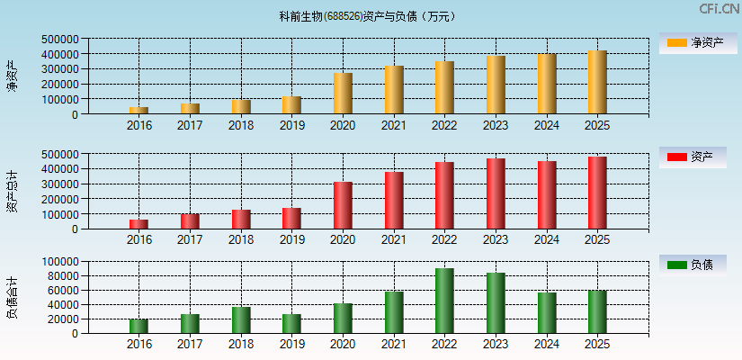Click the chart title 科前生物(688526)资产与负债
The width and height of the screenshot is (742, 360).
coord(368,16)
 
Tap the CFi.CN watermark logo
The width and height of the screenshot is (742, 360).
coord(719,9)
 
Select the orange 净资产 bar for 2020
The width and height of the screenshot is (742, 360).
coord(343,94)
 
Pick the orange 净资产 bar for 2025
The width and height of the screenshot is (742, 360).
coord(597,82)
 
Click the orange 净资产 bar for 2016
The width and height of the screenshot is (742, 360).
coord(139,110)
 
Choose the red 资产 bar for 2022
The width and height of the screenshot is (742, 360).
coord(444,195)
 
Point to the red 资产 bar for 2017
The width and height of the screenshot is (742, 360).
coord(190,220)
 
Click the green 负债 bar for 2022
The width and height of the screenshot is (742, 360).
coord(444,301)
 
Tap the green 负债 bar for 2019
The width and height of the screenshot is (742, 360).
coord(291,323)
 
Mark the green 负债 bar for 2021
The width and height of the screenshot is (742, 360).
coord(394,312)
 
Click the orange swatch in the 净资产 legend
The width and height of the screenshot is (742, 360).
coord(676,42)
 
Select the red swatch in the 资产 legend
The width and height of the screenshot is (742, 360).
coord(676,157)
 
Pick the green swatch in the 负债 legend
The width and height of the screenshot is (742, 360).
coord(676,265)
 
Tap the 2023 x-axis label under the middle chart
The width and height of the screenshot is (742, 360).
coord(496,239)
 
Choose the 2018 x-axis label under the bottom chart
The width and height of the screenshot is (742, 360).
coord(240,345)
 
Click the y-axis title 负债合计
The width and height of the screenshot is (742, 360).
coord(12,298)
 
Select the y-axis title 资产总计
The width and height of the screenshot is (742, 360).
coord(12,191)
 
